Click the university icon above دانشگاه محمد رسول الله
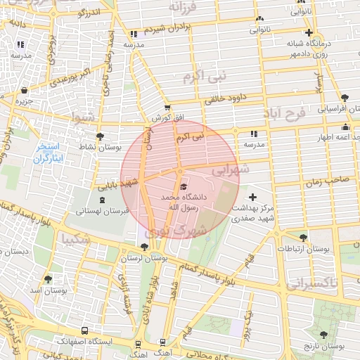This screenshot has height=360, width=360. [x=184, y=187]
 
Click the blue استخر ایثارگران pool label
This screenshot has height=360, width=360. [x=49, y=153]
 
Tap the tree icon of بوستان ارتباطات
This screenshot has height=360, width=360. [x=303, y=238]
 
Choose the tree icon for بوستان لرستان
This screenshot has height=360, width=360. [x=144, y=247]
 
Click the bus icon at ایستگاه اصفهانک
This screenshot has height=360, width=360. [x=85, y=330]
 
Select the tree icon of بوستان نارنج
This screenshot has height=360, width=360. [x=324, y=335]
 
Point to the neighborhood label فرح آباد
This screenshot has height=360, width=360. [x=285, y=113]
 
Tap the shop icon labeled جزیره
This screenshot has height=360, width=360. [x=25, y=91]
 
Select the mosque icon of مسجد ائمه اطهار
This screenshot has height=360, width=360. [x=345, y=127]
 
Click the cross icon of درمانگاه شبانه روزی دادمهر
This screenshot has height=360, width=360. [x=309, y=32]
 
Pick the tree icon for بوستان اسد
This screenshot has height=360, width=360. [x=48, y=279]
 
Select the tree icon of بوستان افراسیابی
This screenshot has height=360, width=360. [x=344, y=98]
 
